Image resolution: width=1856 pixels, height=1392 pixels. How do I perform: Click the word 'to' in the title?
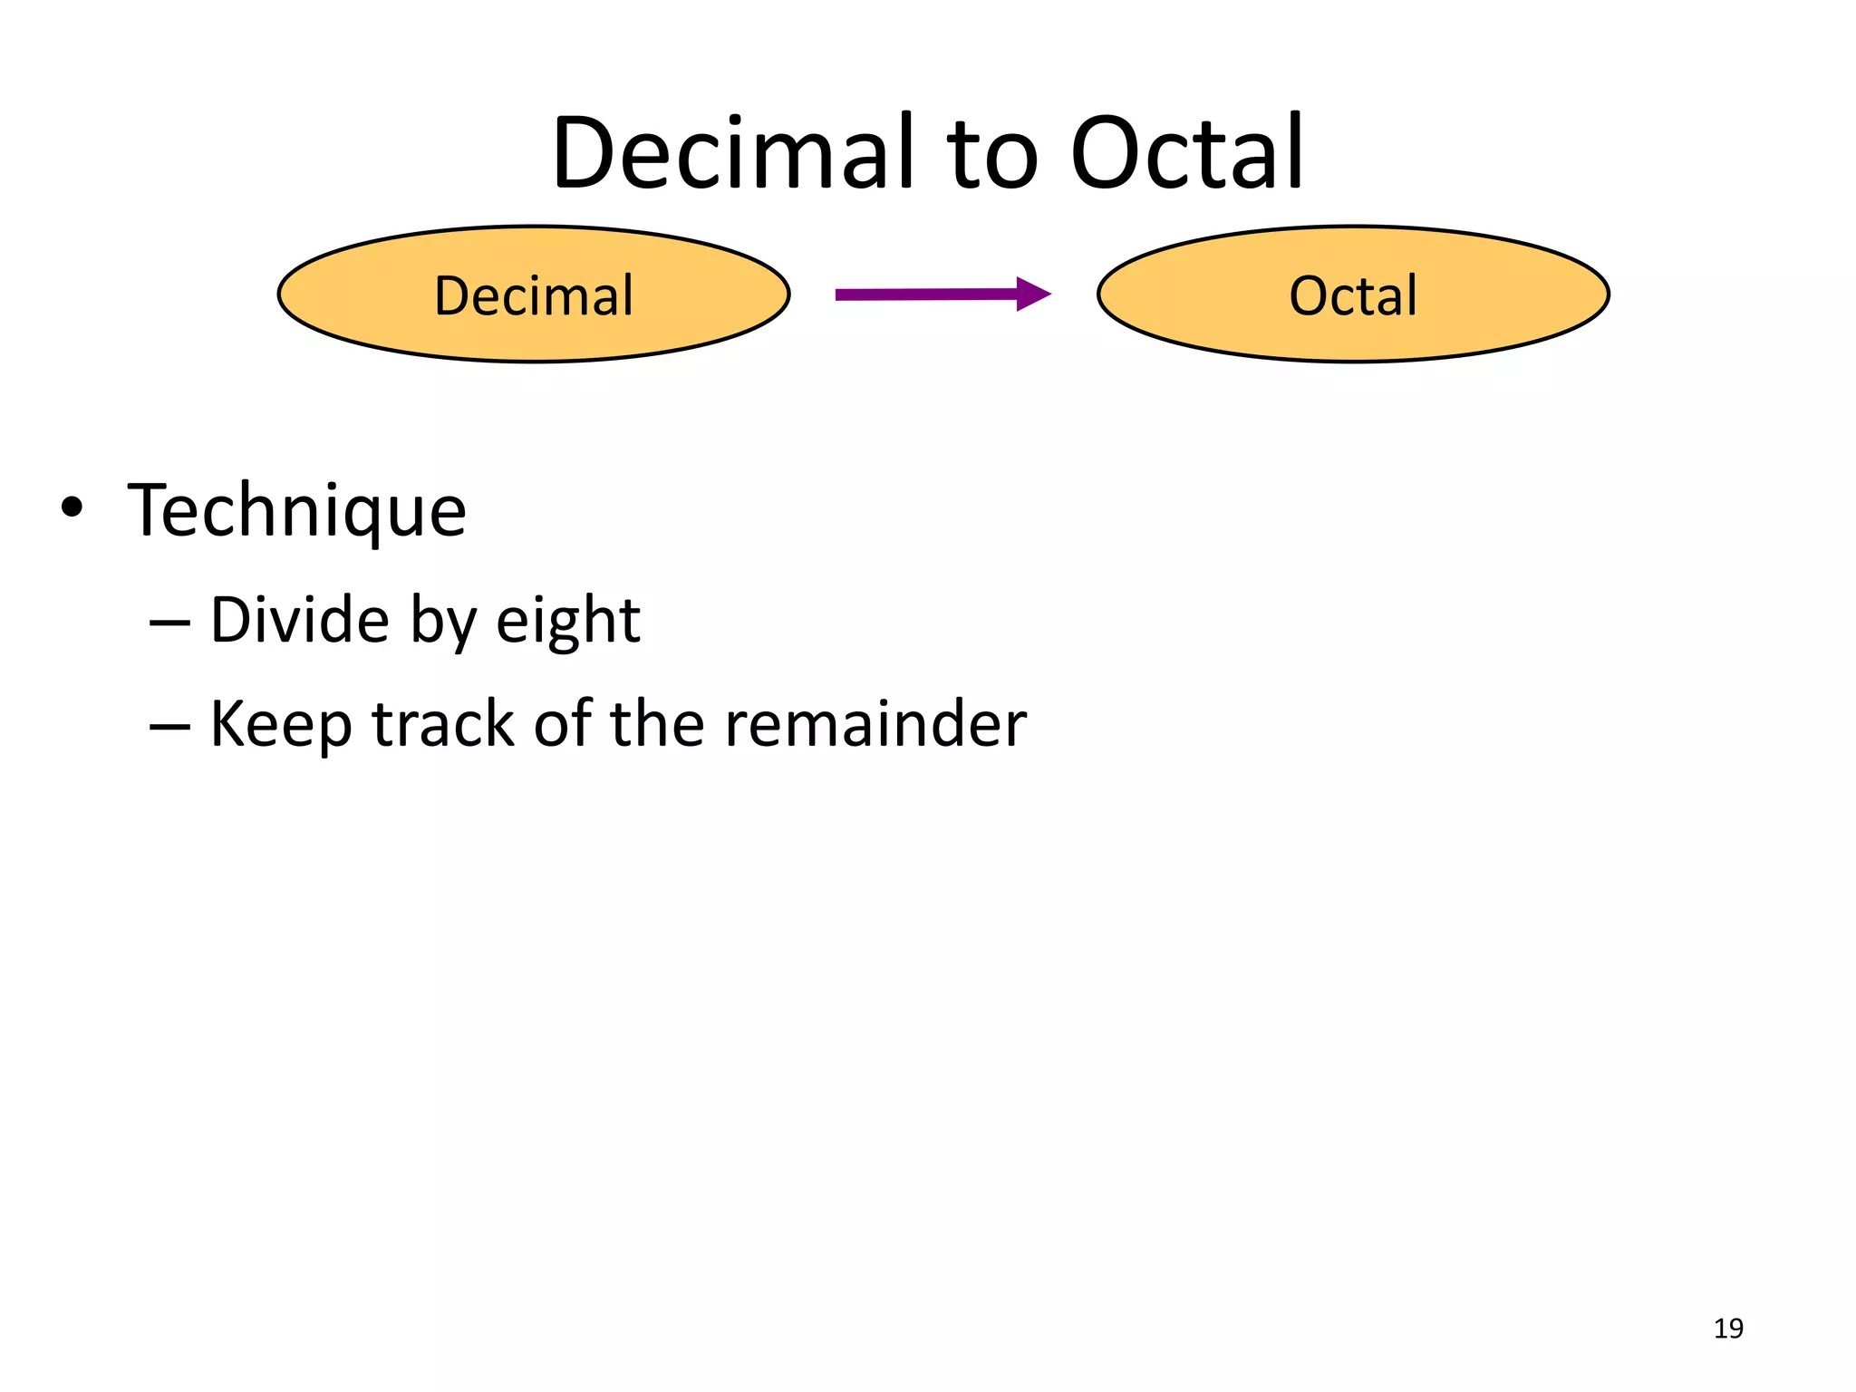(x=992, y=156)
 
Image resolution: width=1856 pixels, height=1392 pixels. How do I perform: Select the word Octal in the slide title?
(x=1186, y=153)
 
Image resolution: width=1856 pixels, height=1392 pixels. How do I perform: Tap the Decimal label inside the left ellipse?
(x=534, y=296)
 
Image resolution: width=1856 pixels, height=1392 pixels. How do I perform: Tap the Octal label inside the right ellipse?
(x=1353, y=296)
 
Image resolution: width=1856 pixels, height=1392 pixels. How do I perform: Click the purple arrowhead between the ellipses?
(x=1031, y=294)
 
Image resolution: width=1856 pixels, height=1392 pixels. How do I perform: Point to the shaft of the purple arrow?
(x=924, y=295)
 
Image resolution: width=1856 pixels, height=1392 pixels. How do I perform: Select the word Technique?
(x=297, y=512)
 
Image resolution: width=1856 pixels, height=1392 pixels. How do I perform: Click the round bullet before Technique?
(x=72, y=507)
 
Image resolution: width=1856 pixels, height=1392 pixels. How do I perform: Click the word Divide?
(x=300, y=621)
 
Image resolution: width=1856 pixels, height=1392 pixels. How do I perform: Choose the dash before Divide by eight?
(x=169, y=623)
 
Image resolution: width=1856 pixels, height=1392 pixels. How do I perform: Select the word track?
(x=443, y=724)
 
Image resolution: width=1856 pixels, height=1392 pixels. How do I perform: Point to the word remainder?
(x=875, y=724)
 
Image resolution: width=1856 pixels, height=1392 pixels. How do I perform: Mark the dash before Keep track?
(x=169, y=727)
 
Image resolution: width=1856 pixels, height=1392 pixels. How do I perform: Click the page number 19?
(x=1728, y=1329)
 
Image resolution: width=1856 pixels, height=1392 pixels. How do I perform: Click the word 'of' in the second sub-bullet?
(x=562, y=724)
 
